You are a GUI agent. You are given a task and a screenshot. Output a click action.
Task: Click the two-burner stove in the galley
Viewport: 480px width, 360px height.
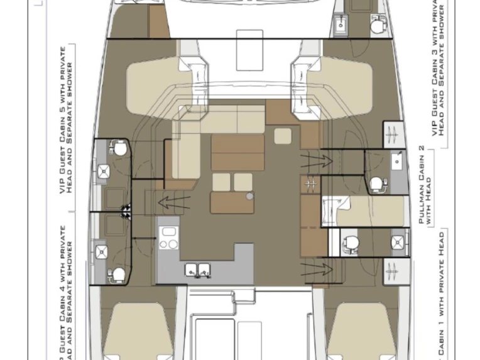click(168, 237)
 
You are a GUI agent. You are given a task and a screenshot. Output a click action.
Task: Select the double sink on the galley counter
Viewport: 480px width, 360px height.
click(197, 270)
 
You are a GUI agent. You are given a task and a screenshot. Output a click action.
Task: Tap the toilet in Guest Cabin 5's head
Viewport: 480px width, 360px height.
click(118, 148)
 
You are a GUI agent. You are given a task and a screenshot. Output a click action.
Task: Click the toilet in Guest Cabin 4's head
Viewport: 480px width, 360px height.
click(117, 274)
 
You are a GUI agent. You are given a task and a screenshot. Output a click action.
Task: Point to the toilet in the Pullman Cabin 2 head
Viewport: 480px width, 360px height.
click(376, 183)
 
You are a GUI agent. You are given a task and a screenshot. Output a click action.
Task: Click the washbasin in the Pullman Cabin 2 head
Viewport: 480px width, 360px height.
click(396, 161)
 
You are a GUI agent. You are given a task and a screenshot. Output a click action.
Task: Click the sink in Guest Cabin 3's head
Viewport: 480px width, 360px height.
click(342, 25)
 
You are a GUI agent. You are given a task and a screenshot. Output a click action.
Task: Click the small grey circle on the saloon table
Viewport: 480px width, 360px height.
click(249, 196)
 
